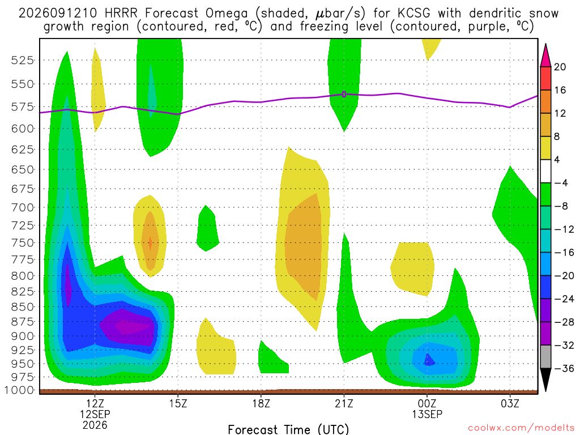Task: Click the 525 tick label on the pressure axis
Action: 23,60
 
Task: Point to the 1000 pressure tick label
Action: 19,390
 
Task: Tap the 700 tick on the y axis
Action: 23,207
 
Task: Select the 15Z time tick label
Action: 178,403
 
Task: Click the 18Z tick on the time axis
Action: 261,403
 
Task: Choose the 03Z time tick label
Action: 510,403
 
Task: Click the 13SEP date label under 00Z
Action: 427,414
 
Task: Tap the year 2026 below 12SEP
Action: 95,425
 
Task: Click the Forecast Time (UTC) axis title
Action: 288,429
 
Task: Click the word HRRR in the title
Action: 121,14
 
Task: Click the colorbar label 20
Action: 560,67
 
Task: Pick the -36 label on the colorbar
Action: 564,368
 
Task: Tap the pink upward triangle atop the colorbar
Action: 545,56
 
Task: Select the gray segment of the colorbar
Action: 545,357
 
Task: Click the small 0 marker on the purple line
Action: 344,95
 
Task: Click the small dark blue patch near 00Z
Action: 429,360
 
